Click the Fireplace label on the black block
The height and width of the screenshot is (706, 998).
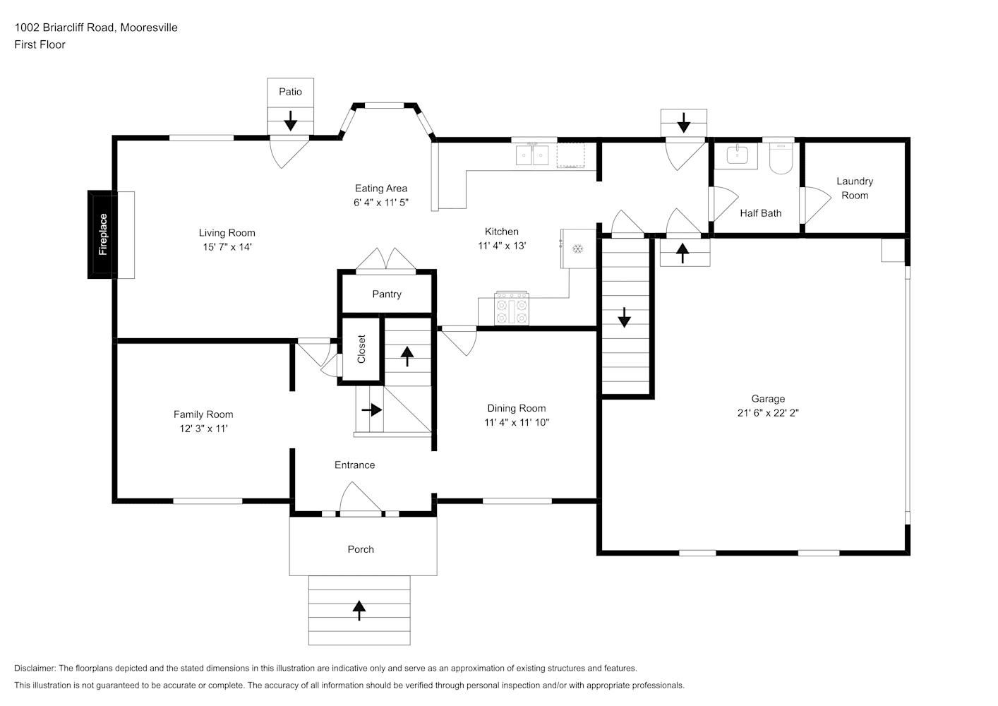point(103,234)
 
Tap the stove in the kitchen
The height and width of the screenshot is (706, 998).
point(512,308)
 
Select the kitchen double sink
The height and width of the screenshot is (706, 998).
point(532,155)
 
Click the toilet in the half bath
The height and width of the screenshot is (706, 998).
point(781,158)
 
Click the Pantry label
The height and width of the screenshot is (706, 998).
point(387,294)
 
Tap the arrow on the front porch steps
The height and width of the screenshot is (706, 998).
point(359,610)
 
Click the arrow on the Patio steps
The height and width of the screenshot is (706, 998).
point(291,121)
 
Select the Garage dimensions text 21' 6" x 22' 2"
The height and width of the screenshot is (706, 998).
point(768,413)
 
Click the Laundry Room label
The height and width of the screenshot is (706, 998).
point(855,188)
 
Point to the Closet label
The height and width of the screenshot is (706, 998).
point(361,349)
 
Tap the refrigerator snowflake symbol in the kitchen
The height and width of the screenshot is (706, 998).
point(578,249)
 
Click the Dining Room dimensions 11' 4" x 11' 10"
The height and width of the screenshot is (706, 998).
point(517,422)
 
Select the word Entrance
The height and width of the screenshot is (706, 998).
point(354,465)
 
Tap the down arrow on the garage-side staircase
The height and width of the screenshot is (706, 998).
point(624,317)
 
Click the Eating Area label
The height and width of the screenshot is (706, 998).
point(381,189)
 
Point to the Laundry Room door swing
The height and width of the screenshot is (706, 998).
point(816,205)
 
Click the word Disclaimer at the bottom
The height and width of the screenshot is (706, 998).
point(35,668)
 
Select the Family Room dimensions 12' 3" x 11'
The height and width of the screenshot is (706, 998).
point(203,429)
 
